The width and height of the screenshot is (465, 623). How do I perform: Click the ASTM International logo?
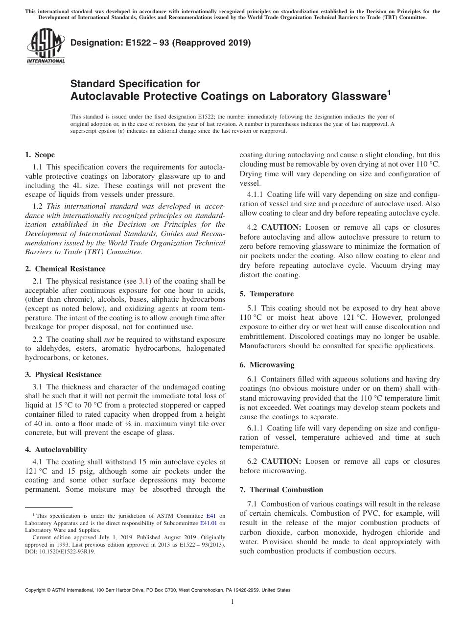(x=45, y=47)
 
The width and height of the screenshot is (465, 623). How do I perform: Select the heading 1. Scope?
(x=40, y=155)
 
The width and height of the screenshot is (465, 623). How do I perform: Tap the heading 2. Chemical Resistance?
(x=65, y=269)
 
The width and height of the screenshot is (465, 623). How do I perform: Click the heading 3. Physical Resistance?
(x=63, y=375)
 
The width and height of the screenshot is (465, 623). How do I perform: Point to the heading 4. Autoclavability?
(x=56, y=450)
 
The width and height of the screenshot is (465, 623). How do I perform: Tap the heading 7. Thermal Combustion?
(x=281, y=490)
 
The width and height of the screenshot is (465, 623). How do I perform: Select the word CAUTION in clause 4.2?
(x=282, y=227)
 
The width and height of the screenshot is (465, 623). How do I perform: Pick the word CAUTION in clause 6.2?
(x=282, y=461)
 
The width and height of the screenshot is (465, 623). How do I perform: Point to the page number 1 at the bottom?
(x=232, y=602)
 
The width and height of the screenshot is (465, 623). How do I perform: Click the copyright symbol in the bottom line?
(x=49, y=590)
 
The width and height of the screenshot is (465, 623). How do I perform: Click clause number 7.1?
(x=253, y=504)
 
